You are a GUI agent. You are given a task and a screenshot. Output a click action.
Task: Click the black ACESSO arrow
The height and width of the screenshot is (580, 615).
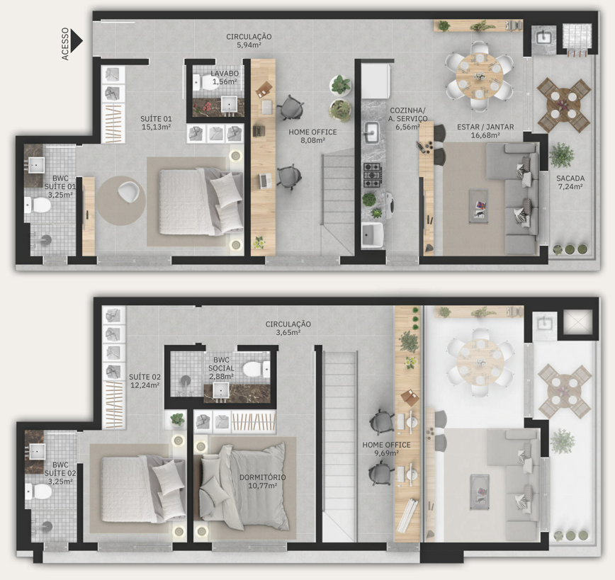[77, 40]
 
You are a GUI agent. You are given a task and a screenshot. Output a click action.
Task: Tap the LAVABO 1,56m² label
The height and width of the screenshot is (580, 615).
[225, 78]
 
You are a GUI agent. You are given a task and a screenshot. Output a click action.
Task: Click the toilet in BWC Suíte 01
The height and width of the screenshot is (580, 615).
[38, 205]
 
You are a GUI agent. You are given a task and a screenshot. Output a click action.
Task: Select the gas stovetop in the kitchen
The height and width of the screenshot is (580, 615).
[372, 175]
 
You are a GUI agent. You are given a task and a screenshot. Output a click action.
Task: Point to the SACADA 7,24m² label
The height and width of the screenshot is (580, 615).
[570, 182]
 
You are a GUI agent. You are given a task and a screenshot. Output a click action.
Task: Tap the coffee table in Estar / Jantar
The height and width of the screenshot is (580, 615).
[479, 206]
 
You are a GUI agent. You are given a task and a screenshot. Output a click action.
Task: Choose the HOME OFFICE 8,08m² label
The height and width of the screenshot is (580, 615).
[312, 136]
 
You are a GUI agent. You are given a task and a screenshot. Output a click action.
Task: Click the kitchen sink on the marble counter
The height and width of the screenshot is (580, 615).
[371, 132]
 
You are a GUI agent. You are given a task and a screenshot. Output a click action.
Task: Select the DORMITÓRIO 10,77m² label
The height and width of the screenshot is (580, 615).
[262, 482]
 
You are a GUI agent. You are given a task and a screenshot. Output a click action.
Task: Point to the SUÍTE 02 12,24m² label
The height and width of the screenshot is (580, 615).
[145, 381]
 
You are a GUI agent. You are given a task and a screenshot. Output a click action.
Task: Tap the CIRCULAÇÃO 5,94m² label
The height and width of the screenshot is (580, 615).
[249, 40]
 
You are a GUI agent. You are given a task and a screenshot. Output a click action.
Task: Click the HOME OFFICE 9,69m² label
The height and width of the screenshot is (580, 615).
[386, 449]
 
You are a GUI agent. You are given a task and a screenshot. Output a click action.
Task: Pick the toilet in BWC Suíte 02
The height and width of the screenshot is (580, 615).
[38, 491]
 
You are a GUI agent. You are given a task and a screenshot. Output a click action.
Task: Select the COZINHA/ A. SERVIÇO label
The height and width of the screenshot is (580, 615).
[408, 115]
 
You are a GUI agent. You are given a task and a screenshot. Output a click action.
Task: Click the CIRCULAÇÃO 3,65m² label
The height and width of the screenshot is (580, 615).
[288, 328]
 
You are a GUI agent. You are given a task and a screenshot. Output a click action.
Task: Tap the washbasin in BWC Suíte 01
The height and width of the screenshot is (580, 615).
[36, 165]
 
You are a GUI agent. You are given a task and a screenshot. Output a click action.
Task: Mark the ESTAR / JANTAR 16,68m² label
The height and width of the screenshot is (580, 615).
[485, 131]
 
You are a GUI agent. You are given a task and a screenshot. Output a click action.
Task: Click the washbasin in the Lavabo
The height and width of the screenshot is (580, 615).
[229, 104]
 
